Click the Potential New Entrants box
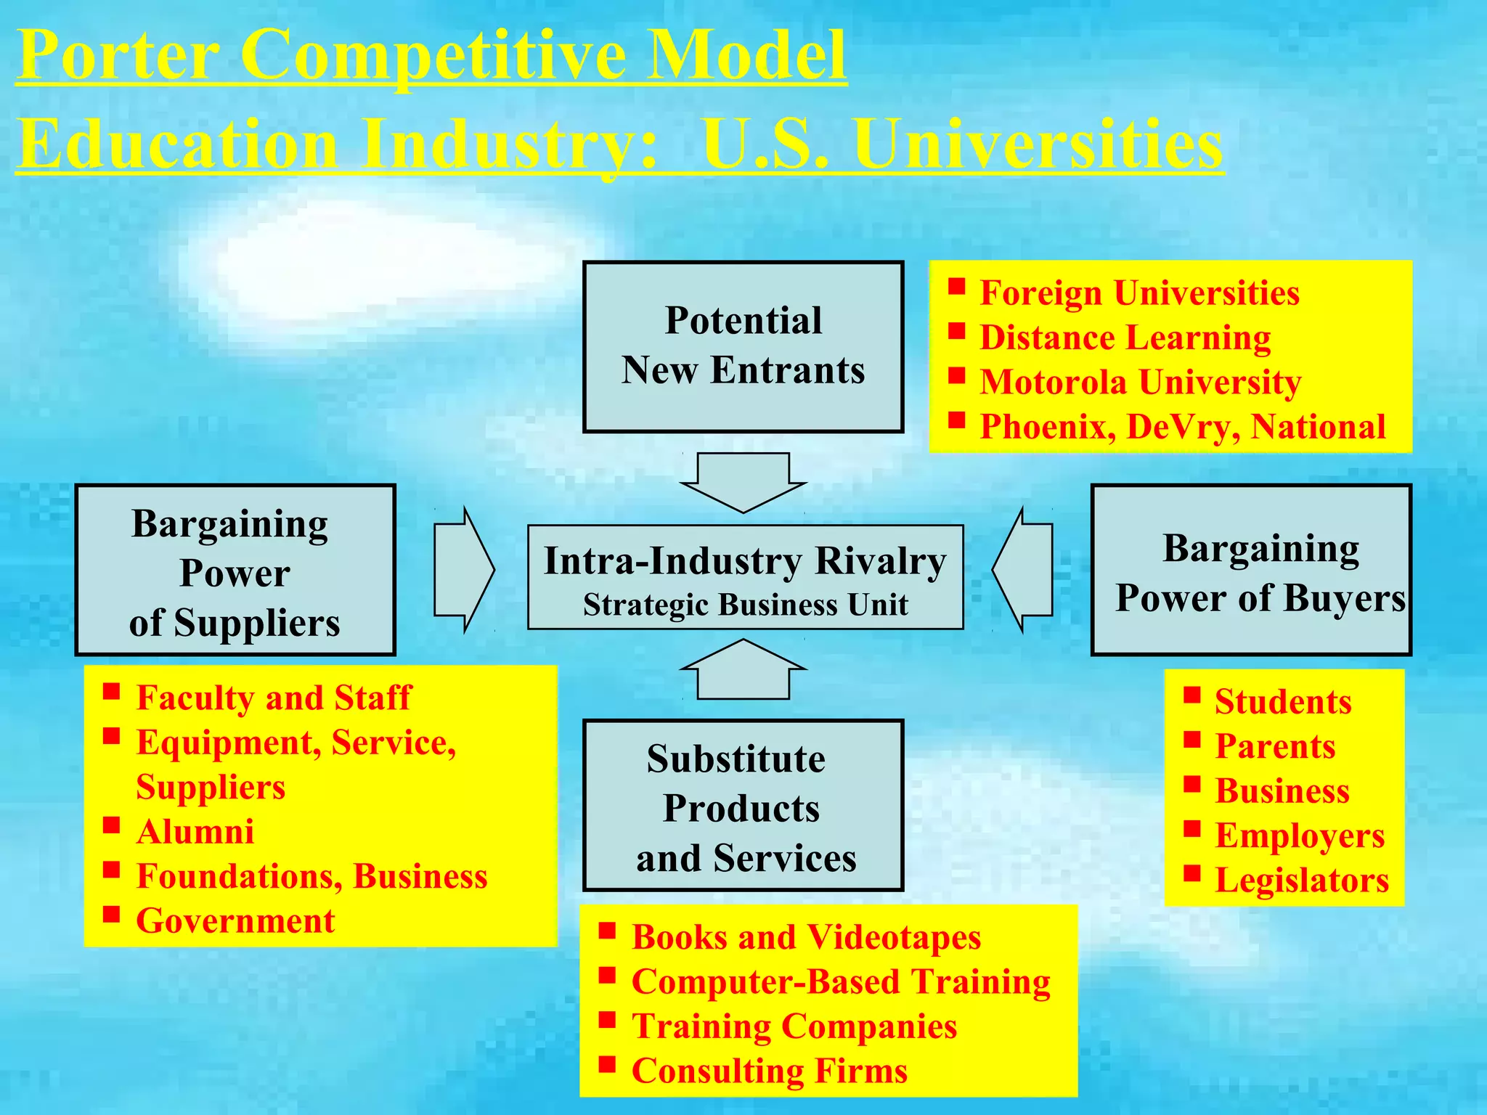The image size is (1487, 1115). coord(743,346)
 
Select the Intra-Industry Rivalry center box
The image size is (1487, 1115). coord(745,577)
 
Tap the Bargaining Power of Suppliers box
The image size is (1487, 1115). coord(235,570)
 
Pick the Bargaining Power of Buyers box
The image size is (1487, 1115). coord(1250,570)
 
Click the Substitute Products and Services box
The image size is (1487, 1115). coord(743,805)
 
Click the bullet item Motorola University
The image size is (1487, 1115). coord(1140,383)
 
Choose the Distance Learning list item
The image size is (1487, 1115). coord(1125,338)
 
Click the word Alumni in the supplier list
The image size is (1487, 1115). coord(195,832)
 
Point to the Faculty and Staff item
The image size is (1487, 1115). coord(273,698)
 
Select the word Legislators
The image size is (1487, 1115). coord(1301,881)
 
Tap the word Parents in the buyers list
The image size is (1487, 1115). coord(1275,746)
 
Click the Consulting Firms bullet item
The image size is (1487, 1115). coord(769,1071)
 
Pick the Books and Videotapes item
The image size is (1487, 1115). coord(806,937)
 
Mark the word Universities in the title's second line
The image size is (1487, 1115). coord(1038,144)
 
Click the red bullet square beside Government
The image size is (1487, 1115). coord(111,914)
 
